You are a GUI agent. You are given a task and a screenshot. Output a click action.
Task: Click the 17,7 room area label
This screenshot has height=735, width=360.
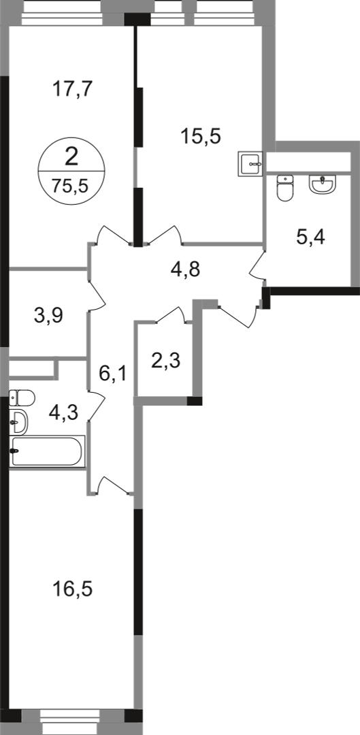coord(73,88)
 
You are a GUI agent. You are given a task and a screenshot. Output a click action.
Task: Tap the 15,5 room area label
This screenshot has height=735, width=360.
coord(201,137)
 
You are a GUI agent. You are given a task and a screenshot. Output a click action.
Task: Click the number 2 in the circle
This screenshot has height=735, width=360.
coord(71,157)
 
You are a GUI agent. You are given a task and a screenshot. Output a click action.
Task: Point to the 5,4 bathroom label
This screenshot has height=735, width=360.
coord(311,238)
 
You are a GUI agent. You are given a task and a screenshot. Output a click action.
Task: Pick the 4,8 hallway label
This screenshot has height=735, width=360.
coord(185,270)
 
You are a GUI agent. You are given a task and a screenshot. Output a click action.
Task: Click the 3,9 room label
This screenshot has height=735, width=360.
coord(48,316)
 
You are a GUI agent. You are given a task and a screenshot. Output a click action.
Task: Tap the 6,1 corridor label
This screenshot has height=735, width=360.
coord(112,374)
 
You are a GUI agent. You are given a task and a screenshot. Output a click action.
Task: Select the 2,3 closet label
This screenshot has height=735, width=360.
coord(165,361)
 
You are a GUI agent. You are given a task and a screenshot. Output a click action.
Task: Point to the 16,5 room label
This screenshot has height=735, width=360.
coord(73,589)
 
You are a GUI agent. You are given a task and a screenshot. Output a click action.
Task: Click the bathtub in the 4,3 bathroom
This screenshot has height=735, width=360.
coord(48,451)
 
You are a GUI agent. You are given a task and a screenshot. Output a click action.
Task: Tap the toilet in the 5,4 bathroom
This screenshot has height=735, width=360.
coord(284,188)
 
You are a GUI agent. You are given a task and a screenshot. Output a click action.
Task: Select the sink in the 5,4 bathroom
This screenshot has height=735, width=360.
coord(323,183)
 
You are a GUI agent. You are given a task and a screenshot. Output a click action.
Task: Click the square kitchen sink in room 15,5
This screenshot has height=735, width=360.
coord(251,163)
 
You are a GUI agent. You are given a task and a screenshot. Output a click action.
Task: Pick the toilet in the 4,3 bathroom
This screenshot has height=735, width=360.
coord(22,398)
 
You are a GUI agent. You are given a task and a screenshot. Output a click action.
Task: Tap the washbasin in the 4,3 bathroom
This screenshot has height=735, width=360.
coord(18,422)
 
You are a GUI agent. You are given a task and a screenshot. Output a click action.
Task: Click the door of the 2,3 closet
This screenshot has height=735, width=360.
coord(171,315)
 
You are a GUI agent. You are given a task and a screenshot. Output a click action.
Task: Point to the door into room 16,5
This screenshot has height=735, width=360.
coord(112,485)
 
